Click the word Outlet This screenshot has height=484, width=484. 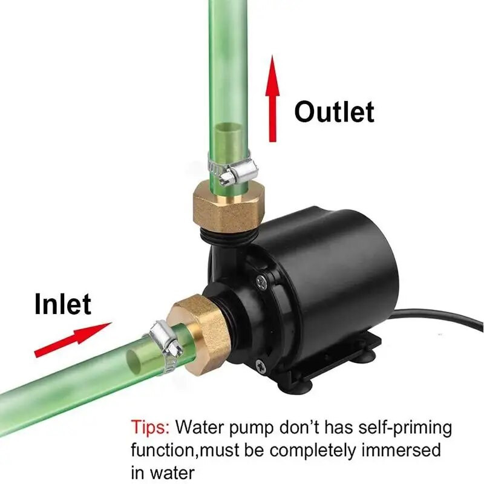coord(334,112)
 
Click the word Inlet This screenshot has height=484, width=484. coord(63,304)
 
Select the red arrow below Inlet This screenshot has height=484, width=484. coord(73,338)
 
